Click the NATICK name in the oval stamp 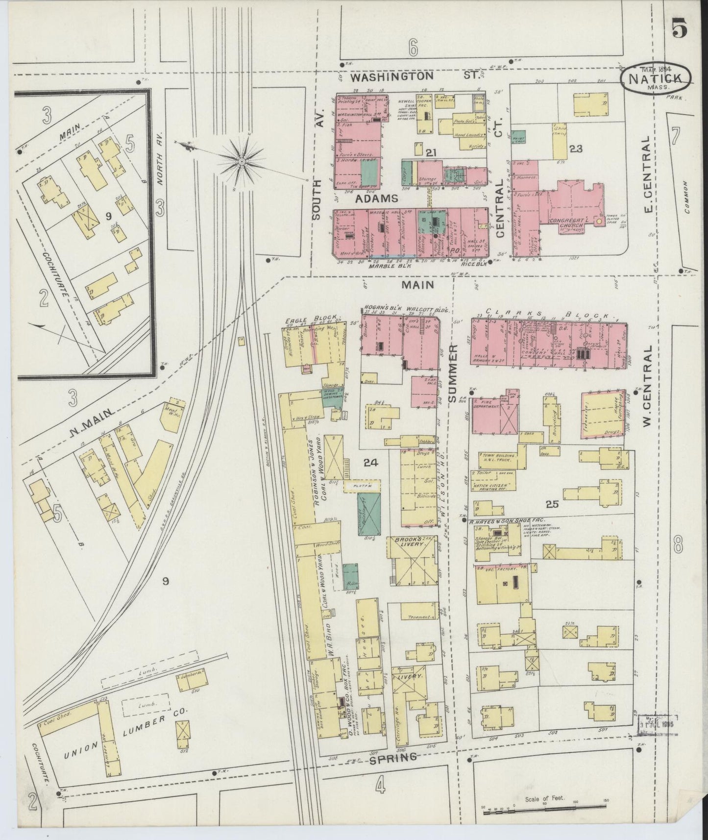[656, 78]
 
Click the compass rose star [241, 160]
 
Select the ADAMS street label [376, 198]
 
